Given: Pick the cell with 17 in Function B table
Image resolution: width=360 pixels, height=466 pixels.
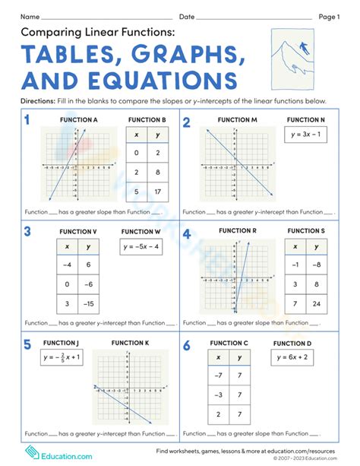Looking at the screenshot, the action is pos(156,192).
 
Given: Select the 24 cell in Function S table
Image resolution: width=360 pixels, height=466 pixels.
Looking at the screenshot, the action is pos(317,303).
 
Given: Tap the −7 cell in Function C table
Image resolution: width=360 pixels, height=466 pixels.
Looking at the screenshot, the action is pos(219,375).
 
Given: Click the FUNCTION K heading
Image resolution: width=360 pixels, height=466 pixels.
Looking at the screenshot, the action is pos(130,343).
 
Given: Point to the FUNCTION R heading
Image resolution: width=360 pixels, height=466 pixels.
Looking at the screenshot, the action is pos(238,230).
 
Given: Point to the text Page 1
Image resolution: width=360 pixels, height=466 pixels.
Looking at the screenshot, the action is pos(328,16).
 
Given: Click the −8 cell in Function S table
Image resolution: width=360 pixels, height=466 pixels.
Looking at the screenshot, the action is pos(317,265).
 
